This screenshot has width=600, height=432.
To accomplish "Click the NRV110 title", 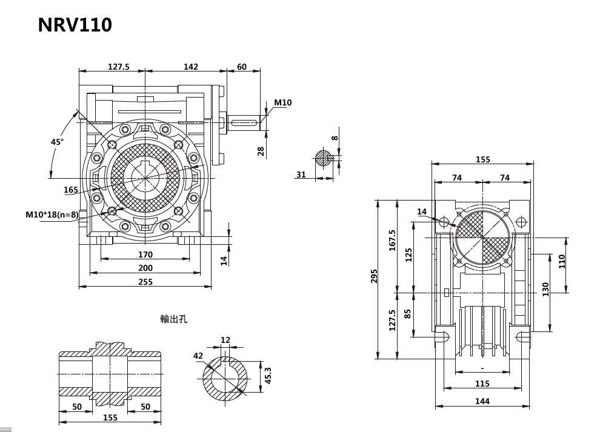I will (x=75, y=25).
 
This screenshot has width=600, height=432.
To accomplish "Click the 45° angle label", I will (x=57, y=142).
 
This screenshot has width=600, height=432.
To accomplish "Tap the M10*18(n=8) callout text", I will (x=52, y=214).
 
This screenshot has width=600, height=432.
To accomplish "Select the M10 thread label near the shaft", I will (x=282, y=102).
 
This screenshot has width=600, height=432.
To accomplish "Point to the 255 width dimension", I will (x=145, y=282).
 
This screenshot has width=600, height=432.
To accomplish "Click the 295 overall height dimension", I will (x=374, y=276).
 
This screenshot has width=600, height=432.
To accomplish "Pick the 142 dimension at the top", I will (x=190, y=67).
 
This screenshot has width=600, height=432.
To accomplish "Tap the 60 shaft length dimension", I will (x=242, y=67).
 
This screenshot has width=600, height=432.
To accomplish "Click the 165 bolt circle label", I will (x=71, y=190).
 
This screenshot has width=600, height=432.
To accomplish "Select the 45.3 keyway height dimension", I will (x=268, y=376).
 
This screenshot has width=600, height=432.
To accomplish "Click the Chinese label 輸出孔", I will (x=174, y=319).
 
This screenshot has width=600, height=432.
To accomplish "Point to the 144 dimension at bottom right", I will (x=482, y=401).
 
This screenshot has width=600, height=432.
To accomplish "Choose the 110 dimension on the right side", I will (x=562, y=261).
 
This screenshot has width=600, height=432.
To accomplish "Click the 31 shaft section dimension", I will (x=301, y=174).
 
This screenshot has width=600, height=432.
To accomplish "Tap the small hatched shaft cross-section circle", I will (x=323, y=159).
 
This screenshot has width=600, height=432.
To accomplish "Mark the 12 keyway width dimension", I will (x=225, y=340).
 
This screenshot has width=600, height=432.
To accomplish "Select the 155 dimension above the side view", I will (x=482, y=159).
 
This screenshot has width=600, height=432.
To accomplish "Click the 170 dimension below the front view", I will (x=145, y=254).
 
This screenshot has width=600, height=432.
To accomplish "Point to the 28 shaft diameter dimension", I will (x=261, y=150).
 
